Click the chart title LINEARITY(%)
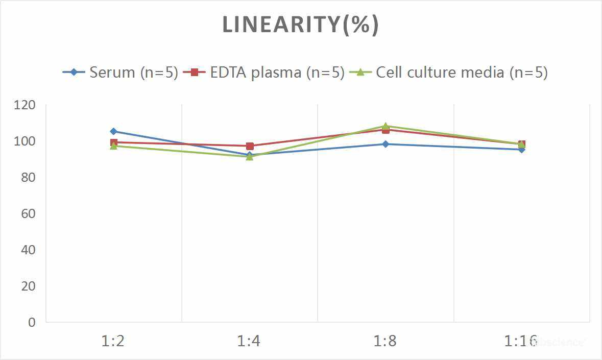click(301, 25)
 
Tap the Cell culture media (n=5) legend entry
click(449, 72)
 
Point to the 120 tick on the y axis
click(25, 105)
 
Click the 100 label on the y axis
click(25, 141)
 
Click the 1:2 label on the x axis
click(113, 341)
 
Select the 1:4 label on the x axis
click(249, 341)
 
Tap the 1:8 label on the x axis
click(385, 341)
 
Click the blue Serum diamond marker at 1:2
click(113, 132)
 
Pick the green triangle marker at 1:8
click(386, 126)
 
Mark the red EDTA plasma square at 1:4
click(250, 146)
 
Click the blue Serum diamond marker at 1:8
click(386, 144)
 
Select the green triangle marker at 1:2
click(113, 146)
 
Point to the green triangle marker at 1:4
click(250, 157)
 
